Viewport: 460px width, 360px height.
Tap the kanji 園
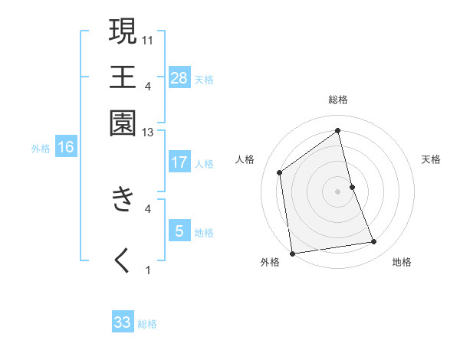coord(123,123)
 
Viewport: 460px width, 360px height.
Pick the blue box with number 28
coord(179,78)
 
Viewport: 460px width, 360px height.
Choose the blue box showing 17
coord(179,162)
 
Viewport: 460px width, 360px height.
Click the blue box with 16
coord(66,147)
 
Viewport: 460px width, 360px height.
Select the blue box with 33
coord(123,322)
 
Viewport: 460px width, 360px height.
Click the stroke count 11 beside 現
coord(148,39)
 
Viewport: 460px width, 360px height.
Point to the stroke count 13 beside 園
coord(148,133)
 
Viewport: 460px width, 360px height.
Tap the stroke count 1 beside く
coord(148,270)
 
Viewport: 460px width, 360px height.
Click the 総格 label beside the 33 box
coord(148,324)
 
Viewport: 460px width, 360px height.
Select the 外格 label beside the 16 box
coord(41,149)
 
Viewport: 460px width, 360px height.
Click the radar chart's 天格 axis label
coord(431,159)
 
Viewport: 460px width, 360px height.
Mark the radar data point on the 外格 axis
coord(292,253)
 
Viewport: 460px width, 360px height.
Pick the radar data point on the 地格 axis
coord(374,242)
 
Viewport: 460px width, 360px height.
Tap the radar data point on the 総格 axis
coord(337,130)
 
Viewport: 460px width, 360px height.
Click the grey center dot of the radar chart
coord(337,191)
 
